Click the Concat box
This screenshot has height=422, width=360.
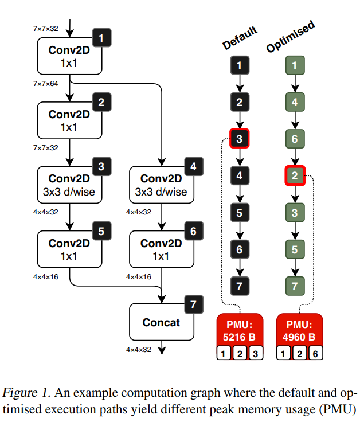coord(161,322)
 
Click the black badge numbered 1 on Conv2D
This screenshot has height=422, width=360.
coord(101,38)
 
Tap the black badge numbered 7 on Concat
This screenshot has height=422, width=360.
coord(193,304)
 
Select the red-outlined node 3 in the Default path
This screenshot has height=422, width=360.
coord(240,139)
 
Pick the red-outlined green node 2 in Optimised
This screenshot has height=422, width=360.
coord(294,175)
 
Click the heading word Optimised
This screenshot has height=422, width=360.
coord(291,38)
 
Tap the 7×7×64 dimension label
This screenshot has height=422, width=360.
coord(46,83)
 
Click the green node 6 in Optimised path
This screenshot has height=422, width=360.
coord(294,139)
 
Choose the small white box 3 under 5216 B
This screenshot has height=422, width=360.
coord(256,354)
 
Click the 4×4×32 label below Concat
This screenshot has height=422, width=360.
coord(139,349)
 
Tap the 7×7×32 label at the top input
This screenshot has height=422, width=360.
coord(46,28)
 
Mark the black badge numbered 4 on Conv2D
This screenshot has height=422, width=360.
coord(193,167)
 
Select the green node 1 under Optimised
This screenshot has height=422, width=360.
coord(294,66)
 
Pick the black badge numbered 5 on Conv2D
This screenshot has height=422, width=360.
coord(101,231)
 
